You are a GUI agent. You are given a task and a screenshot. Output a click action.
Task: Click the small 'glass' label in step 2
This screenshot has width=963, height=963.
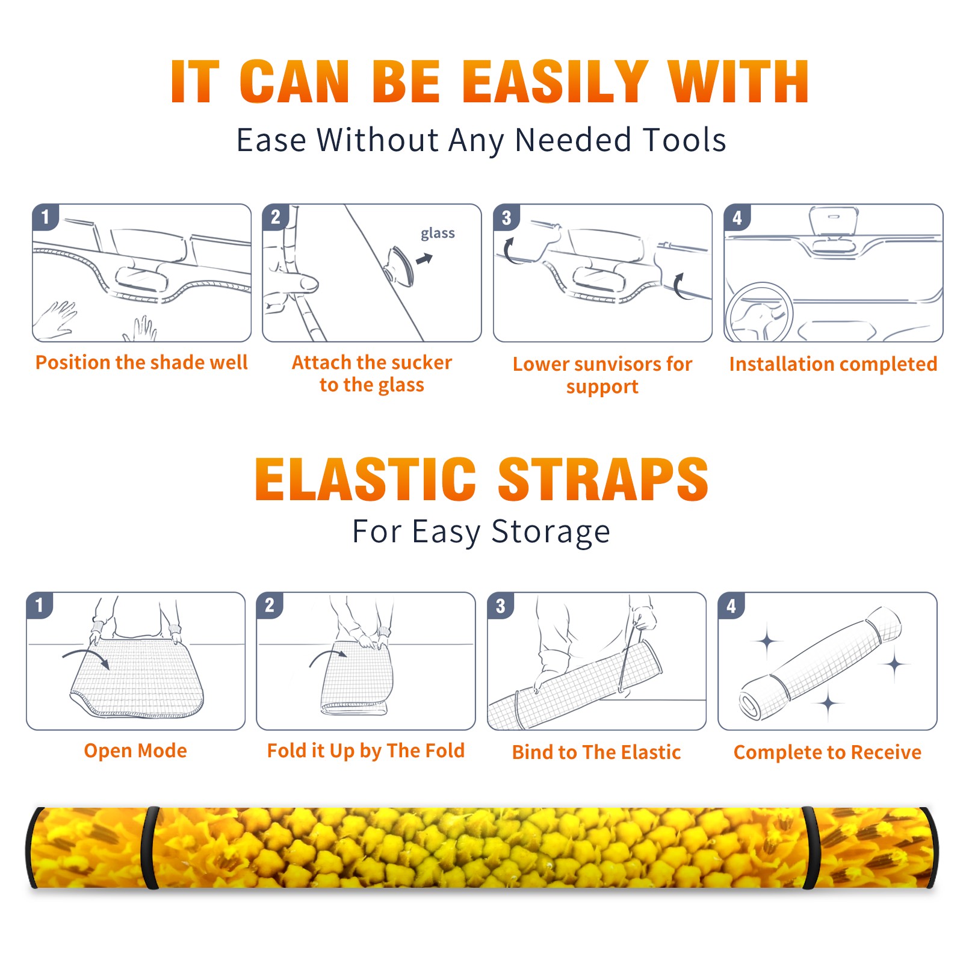point(438,234)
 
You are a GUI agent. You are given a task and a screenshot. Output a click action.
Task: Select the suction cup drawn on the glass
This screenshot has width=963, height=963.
point(399,265)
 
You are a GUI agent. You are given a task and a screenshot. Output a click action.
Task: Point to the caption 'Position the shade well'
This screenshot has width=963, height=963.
point(141,362)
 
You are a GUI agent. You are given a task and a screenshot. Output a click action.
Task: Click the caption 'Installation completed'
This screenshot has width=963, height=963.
point(833,364)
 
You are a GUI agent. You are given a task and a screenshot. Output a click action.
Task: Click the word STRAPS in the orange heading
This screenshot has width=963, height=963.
point(603,479)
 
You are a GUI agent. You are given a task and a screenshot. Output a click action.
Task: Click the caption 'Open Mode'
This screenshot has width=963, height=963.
point(135,751)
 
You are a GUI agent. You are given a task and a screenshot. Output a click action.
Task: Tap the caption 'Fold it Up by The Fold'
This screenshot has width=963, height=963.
point(366,751)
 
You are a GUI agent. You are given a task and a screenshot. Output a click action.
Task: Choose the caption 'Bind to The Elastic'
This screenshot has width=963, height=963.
point(596,752)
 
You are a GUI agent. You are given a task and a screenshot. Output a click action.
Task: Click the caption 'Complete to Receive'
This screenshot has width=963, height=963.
point(828,752)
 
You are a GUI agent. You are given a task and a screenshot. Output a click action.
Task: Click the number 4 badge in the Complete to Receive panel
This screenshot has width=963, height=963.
point(731,605)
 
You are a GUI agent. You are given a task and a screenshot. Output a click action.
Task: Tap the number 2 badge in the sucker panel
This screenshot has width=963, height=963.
point(276,217)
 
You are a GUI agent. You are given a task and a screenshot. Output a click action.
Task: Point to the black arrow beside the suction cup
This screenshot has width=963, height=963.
point(425,259)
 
